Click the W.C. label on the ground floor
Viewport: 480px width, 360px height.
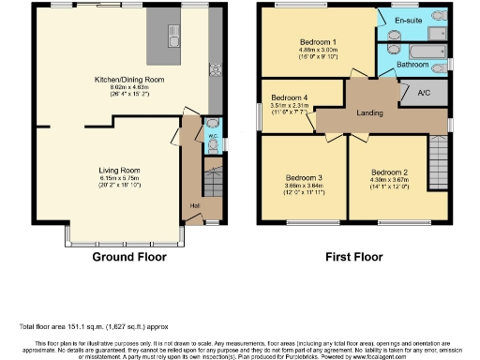click(212, 137)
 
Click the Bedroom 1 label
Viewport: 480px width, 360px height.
click(319, 42)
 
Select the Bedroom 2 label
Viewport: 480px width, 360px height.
click(390, 172)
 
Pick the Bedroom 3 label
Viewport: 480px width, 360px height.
click(306, 177)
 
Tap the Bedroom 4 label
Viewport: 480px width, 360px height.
click(289, 97)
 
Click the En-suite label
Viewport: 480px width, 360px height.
click(405, 18)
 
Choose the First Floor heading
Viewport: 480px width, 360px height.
click(354, 255)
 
